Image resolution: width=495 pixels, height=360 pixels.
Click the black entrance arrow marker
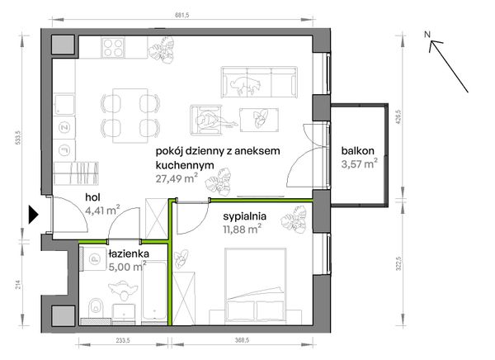pyautogui.click(x=33, y=215)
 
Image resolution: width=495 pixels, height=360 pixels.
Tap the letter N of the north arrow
pyautogui.click(x=427, y=35)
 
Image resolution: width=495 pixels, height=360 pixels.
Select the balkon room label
pyautogui.click(x=358, y=151)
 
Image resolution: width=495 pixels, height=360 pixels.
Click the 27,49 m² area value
pyautogui.click(x=177, y=178)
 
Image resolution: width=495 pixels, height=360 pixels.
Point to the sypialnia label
pyautogui.click(x=245, y=216)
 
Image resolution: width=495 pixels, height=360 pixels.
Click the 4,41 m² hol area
pyautogui.click(x=102, y=210)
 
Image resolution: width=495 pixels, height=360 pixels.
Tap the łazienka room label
pyautogui.click(x=129, y=253)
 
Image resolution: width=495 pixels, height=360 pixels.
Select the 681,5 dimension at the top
pyautogui.click(x=181, y=15)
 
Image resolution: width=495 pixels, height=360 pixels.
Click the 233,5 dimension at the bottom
pyautogui.click(x=123, y=340)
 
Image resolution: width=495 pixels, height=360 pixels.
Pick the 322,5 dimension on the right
pyautogui.click(x=398, y=263)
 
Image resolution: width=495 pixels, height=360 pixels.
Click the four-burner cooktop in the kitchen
pyautogui.click(x=113, y=47)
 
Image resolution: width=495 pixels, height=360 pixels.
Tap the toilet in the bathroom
pyautogui.click(x=96, y=307)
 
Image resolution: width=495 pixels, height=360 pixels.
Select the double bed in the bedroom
pyautogui.click(x=256, y=286)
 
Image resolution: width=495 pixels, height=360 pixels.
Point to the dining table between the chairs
pyautogui.click(x=130, y=116)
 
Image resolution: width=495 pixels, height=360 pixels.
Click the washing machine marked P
pyautogui.click(x=93, y=259)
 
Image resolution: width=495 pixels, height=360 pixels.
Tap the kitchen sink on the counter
pyautogui.click(x=64, y=104)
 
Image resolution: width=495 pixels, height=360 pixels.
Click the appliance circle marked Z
pyautogui.click(x=64, y=127)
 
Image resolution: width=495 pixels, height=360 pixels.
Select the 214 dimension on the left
pyautogui.click(x=19, y=284)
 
